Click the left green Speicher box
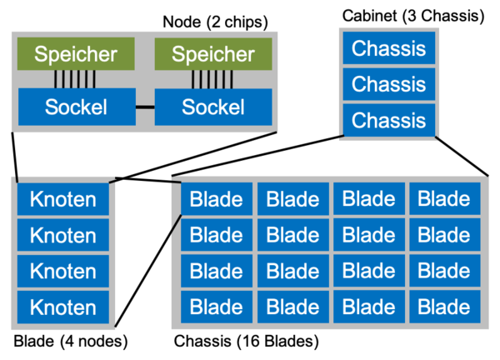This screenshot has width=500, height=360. click(x=76, y=55)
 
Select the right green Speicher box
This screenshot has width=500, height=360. click(x=213, y=55)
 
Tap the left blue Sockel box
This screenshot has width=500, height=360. click(x=76, y=107)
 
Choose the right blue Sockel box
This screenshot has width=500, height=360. click(x=213, y=107)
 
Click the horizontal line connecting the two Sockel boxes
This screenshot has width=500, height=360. click(x=145, y=107)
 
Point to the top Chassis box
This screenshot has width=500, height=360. click(x=388, y=48)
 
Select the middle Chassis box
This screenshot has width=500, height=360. click(x=388, y=84)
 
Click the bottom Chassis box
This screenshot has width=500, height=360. click(x=388, y=120)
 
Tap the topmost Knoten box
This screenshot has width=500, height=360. click(x=63, y=200)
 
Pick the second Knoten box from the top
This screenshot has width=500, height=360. click(x=63, y=236)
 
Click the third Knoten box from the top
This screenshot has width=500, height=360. click(x=63, y=272)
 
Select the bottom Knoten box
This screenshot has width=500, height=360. click(x=63, y=307)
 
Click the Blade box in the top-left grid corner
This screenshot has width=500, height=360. click(x=217, y=200)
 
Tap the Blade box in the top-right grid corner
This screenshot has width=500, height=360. click(x=444, y=200)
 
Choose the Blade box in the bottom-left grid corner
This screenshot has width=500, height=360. click(x=217, y=307)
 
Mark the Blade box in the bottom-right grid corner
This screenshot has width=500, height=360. click(x=444, y=307)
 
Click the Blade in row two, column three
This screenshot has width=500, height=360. click(x=368, y=236)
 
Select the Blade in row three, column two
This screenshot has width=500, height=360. click(x=292, y=272)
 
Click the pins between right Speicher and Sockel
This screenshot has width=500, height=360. click(x=212, y=79)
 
